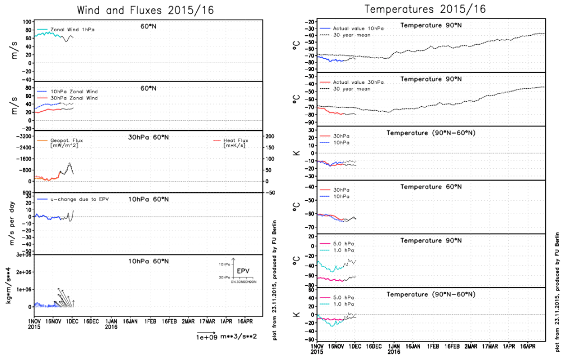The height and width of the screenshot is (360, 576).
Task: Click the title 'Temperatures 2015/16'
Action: click(425, 9)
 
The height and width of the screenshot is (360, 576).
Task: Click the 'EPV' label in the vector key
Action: click(243, 271)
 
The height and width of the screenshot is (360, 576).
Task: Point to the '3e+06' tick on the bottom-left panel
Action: click(22, 254)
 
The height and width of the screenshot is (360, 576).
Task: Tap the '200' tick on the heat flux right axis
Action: click(269, 136)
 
